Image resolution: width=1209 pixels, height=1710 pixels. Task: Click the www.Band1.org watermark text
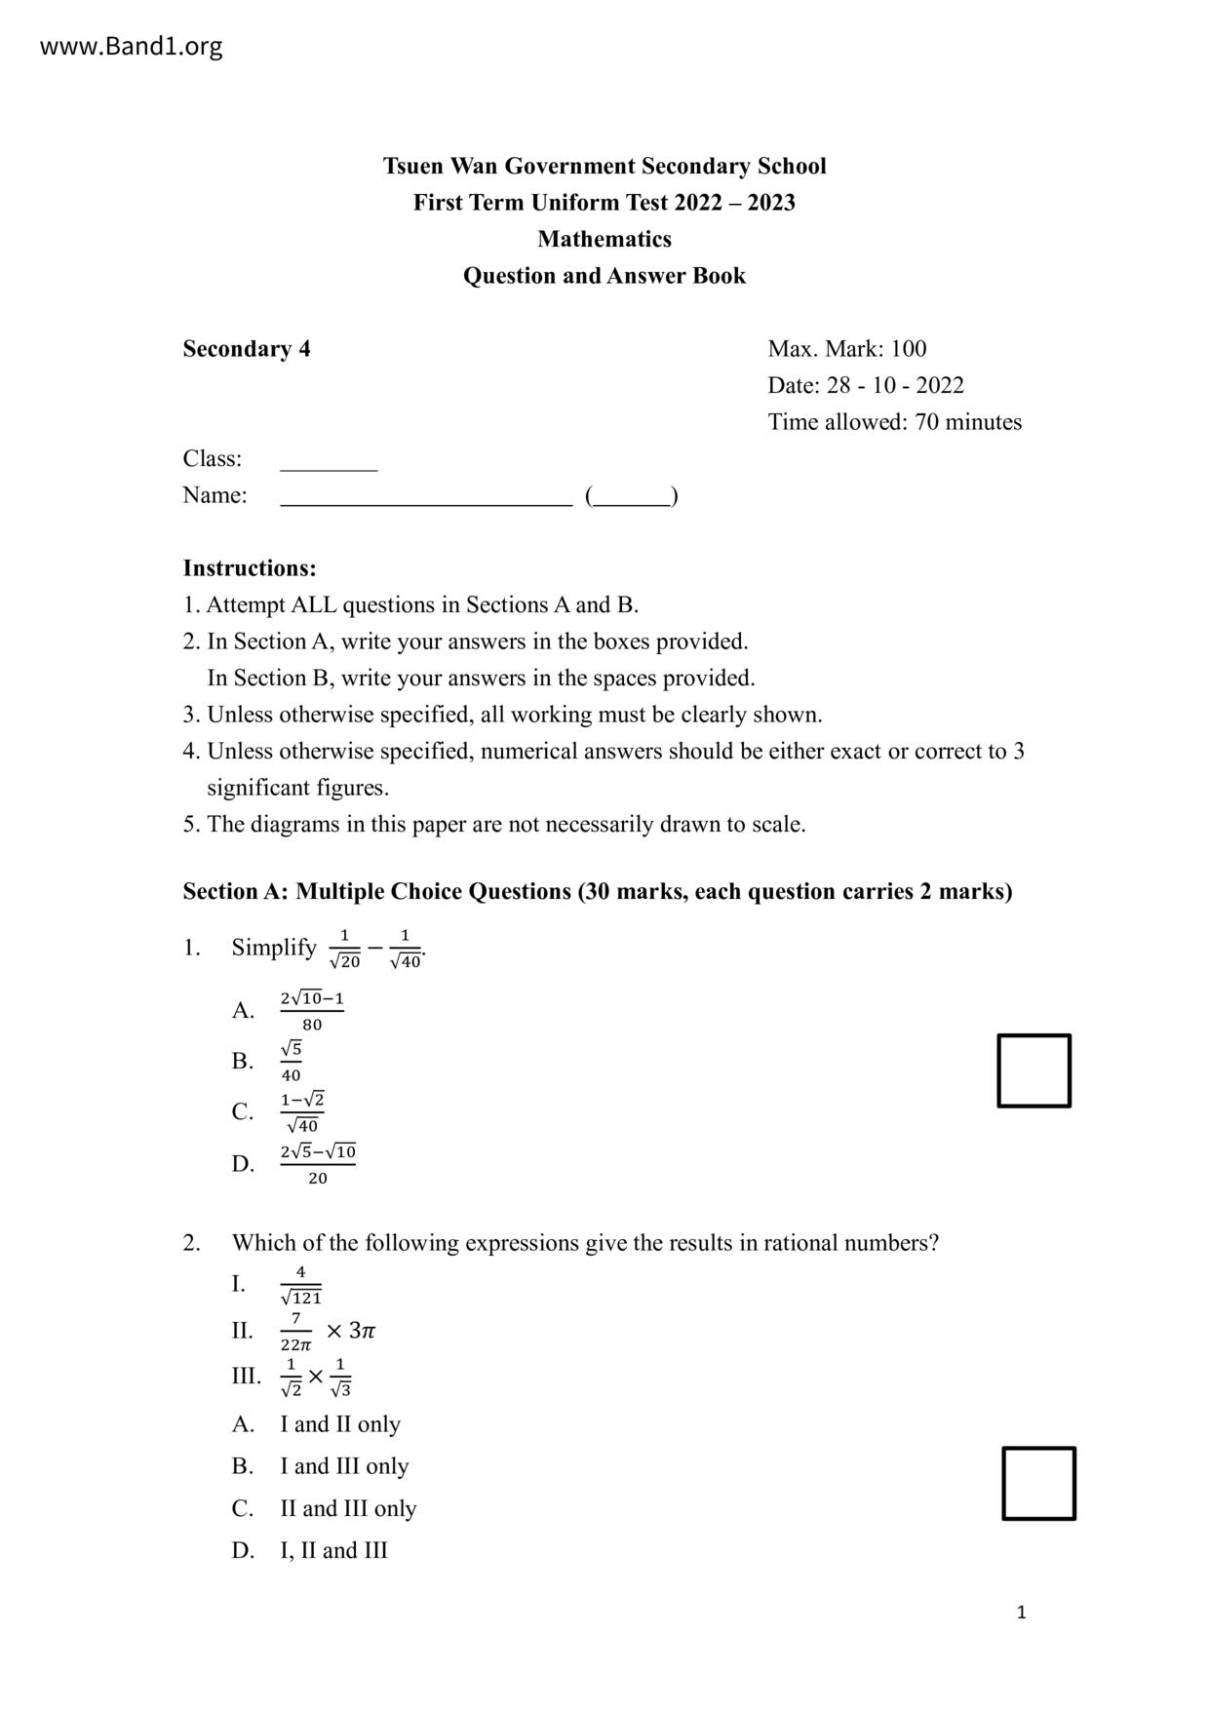[131, 46]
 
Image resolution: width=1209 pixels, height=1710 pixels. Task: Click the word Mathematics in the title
[604, 239]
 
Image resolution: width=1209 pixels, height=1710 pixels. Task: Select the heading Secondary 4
[247, 349]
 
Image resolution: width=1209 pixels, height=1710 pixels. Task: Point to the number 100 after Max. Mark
[908, 349]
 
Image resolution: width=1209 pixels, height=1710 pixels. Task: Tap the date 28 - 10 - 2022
[895, 385]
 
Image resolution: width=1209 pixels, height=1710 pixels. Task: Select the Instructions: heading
[250, 568]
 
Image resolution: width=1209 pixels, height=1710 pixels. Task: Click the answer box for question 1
[1033, 1070]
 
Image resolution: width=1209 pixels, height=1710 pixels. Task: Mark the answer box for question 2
[1038, 1483]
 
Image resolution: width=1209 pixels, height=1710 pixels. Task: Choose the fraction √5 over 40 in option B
[292, 1061]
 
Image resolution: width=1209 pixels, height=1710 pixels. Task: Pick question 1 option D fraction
[318, 1164]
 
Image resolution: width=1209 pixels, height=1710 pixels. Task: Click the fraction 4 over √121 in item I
[300, 1285]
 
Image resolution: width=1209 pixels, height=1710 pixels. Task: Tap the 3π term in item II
[362, 1331]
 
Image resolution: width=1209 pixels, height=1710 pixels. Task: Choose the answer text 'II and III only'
[348, 1508]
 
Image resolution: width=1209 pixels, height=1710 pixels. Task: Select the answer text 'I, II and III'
[333, 1550]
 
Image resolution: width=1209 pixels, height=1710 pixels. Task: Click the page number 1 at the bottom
[1021, 1613]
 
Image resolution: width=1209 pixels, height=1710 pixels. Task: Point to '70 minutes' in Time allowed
[967, 422]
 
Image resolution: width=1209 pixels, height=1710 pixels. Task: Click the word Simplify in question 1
[274, 948]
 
